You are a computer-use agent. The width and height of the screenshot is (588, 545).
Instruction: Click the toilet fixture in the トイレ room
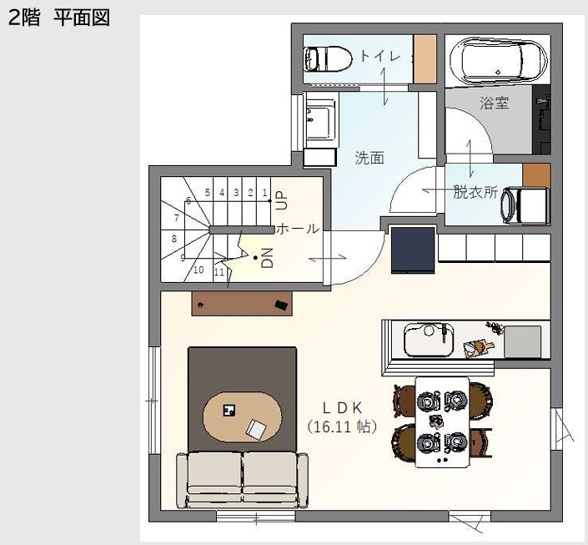329,59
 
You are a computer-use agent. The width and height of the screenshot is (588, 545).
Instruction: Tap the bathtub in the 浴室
499,60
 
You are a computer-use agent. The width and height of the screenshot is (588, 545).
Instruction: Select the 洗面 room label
369,158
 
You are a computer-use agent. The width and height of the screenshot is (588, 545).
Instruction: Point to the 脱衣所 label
475,192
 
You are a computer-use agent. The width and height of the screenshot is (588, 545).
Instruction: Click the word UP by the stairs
281,200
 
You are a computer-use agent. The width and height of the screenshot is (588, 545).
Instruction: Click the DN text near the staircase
267,258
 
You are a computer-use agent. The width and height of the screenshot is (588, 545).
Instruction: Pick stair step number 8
174,239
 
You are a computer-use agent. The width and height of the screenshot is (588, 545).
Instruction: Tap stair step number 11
219,272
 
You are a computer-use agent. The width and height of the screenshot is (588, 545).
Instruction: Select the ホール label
298,229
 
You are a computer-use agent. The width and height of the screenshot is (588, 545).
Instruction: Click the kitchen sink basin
429,341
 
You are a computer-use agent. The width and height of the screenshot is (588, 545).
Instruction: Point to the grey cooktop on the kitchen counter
522,342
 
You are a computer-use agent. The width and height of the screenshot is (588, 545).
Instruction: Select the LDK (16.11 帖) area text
342,417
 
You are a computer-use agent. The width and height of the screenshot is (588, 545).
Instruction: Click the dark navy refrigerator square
413,250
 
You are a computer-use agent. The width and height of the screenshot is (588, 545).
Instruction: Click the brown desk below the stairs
242,303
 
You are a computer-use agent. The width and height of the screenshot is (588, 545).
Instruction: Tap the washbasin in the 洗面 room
320,119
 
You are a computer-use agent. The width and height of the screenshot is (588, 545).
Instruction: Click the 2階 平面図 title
59,18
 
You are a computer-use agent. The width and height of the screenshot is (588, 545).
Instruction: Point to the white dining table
442,422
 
